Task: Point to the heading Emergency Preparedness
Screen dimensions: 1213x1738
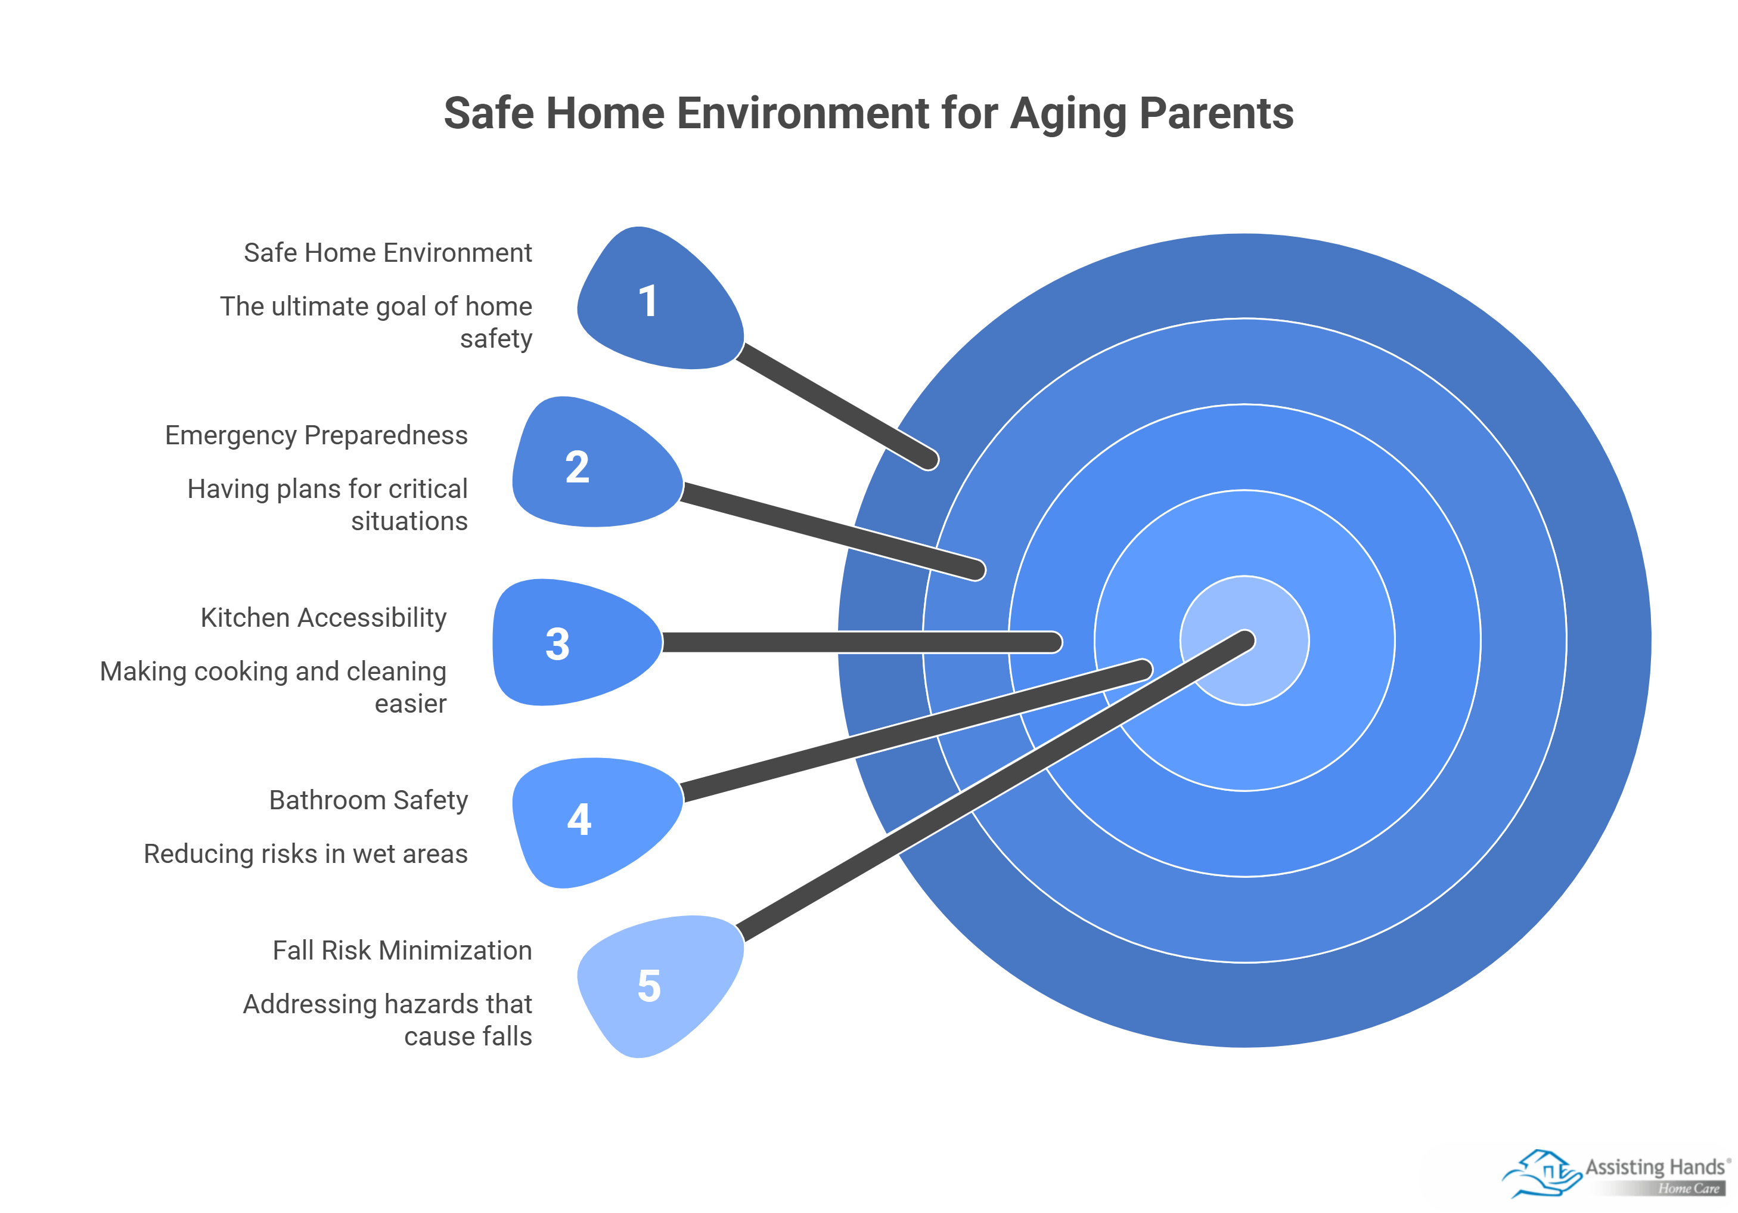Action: point(316,435)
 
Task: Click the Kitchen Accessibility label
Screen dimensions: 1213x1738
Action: point(323,618)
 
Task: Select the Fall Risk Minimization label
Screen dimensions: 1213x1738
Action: point(402,950)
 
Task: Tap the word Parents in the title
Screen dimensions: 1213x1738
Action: point(1216,113)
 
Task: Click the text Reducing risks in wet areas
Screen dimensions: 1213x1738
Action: point(306,854)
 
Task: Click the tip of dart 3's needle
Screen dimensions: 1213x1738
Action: point(1054,642)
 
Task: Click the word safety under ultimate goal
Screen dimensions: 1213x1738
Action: point(496,339)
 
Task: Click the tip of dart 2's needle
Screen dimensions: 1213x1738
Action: point(977,570)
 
